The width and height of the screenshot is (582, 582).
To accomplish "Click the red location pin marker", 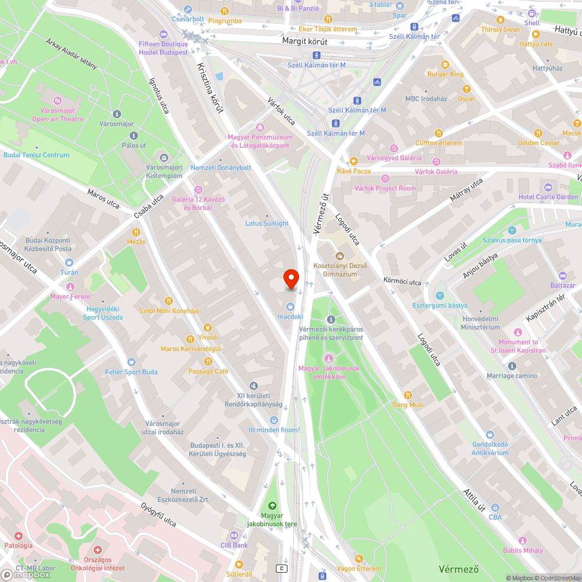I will pyautogui.click(x=290, y=279).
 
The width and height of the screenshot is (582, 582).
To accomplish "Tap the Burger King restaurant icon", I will pyautogui.click(x=445, y=64).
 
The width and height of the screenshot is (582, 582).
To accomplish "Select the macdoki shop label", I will pyautogui.click(x=290, y=317).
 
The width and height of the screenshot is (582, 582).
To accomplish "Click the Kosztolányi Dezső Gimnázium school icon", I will pyautogui.click(x=340, y=255).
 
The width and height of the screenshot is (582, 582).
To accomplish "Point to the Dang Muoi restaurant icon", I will pyautogui.click(x=408, y=395).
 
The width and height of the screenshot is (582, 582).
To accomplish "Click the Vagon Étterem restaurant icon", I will pyautogui.click(x=359, y=559).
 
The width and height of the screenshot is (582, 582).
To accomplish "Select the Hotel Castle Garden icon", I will pyautogui.click(x=548, y=187).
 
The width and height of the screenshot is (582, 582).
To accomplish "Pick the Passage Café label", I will pyautogui.click(x=208, y=371).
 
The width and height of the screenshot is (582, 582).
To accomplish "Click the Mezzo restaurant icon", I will pyautogui.click(x=136, y=231).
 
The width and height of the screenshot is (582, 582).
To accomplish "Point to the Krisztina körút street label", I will pyautogui.click(x=210, y=87).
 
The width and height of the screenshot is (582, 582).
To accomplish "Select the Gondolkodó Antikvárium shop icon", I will pyautogui.click(x=490, y=434).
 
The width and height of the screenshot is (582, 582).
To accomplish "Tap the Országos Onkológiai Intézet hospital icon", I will pyautogui.click(x=98, y=549).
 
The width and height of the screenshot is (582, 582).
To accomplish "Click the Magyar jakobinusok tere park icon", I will pyautogui.click(x=272, y=505).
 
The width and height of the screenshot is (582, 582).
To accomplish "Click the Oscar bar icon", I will pyautogui.click(x=466, y=88).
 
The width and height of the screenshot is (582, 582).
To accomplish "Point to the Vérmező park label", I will pyautogui.click(x=458, y=567).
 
